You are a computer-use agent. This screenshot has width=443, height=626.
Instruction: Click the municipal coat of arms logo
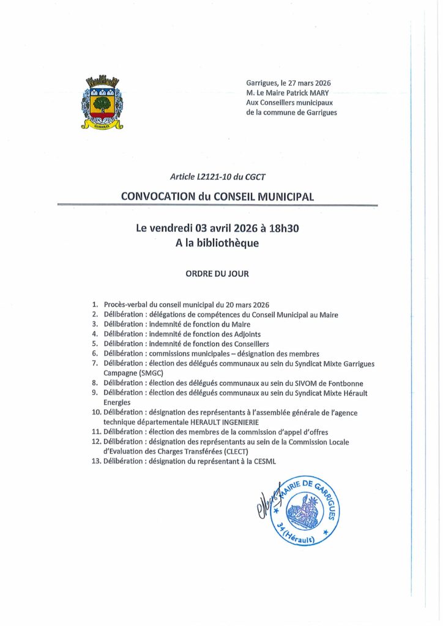point(102,102)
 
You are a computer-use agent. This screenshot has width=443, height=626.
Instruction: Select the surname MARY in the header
point(318,92)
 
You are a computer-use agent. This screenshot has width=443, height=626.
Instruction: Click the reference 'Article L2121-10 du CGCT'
point(218,177)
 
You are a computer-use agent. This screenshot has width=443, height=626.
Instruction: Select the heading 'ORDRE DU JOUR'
point(217,274)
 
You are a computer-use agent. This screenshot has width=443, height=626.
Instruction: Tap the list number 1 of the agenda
point(95,304)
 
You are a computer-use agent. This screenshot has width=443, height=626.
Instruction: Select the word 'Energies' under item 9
point(117,402)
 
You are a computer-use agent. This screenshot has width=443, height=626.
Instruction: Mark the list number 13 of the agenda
point(95,461)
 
